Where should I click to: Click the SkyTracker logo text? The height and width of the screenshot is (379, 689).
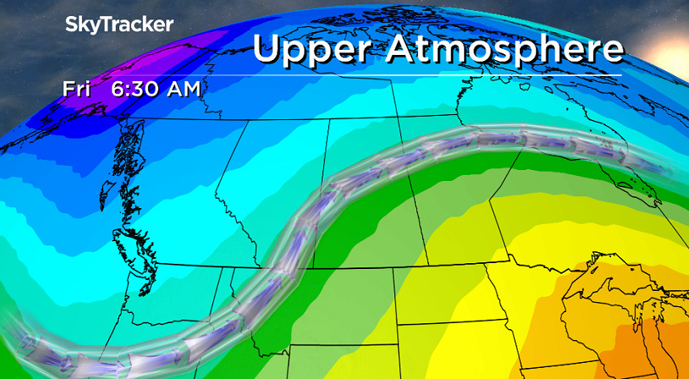pos(119,25)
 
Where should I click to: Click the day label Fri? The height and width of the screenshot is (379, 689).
pos(75,87)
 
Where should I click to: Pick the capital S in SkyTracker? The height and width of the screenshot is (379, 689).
pos(72,25)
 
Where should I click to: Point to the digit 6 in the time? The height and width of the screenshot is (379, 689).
pos(118,87)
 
